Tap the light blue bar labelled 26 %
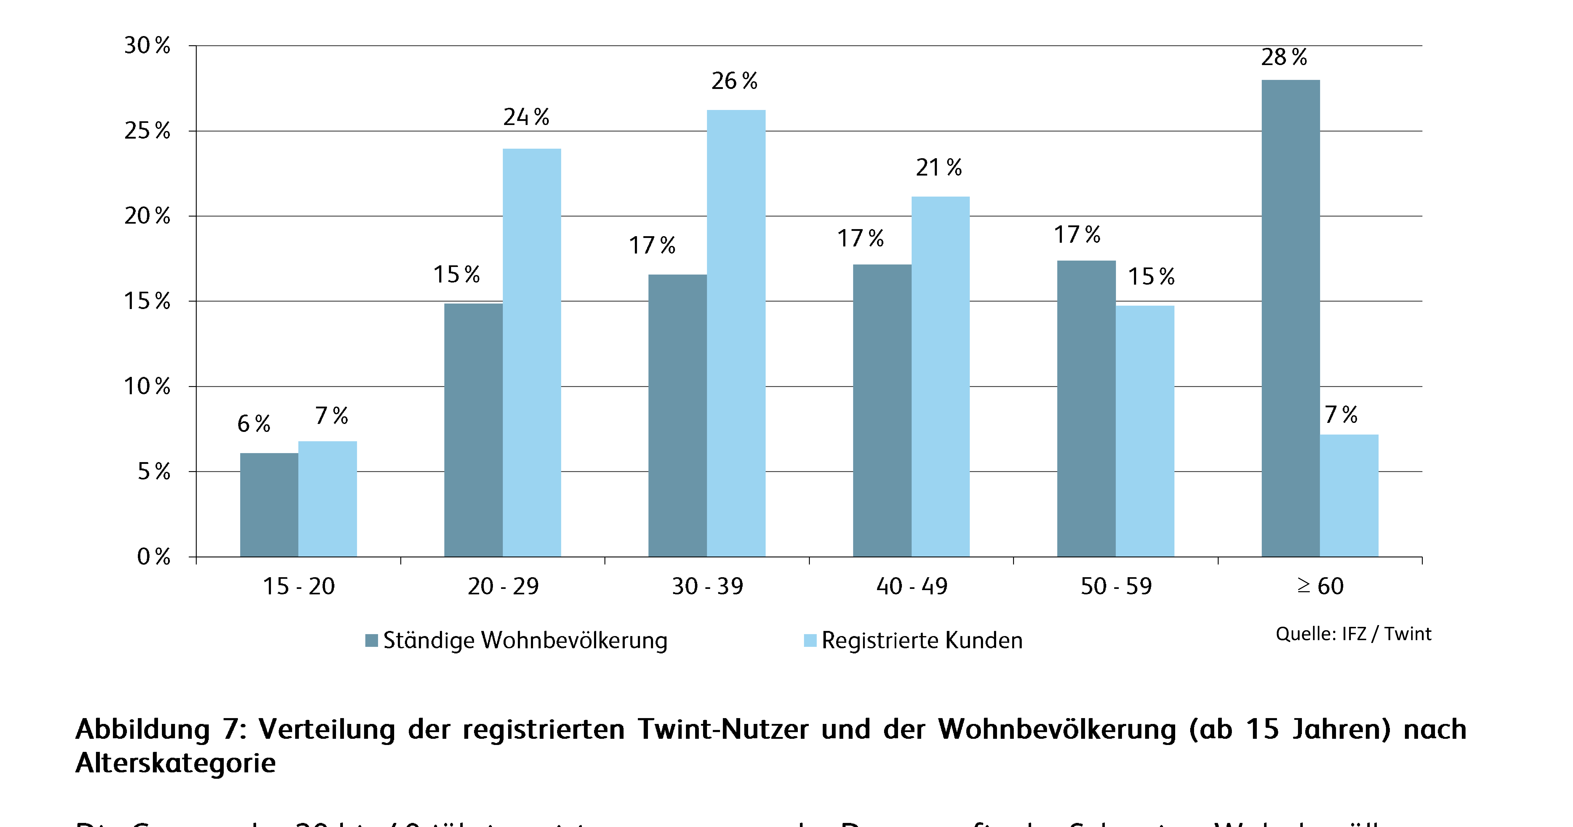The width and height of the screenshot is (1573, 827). pos(736,333)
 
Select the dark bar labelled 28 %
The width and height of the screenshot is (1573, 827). pos(1290,318)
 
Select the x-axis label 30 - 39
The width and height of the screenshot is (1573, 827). pos(707,586)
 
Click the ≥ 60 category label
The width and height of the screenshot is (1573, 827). pos(1320,586)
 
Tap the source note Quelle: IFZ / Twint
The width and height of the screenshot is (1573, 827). pos(1353,634)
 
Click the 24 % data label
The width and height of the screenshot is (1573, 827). pos(526,117)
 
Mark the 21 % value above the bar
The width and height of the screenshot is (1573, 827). pos(938,167)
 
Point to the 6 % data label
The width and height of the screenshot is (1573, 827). pos(253,423)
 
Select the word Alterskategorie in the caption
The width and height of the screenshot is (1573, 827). pos(176,763)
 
